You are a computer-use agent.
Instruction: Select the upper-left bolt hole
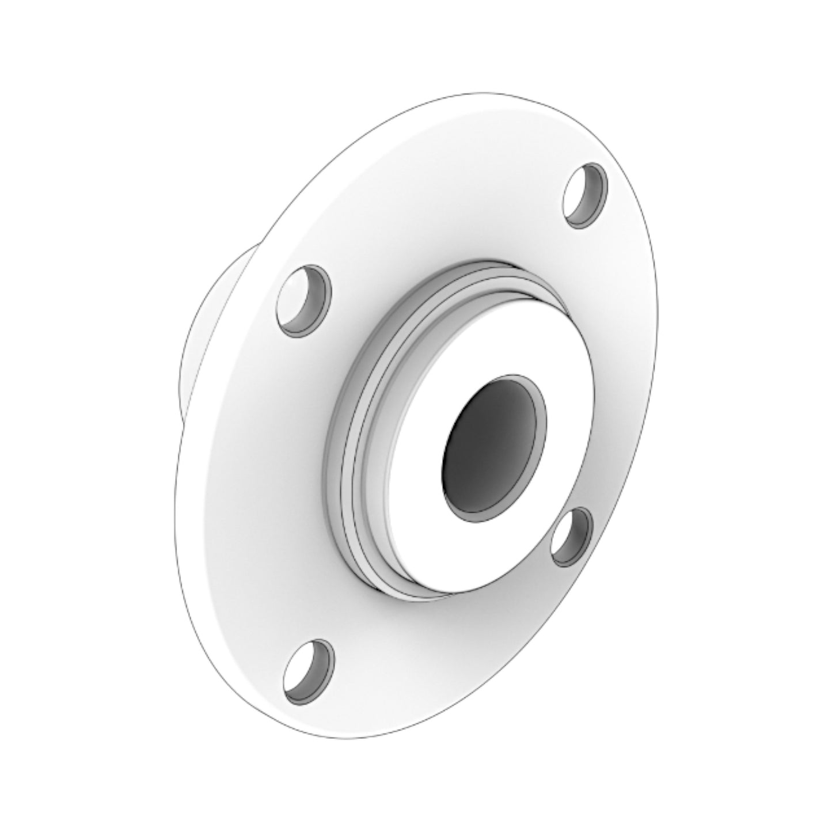coord(304,299)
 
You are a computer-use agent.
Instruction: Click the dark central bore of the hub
coord(489,446)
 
